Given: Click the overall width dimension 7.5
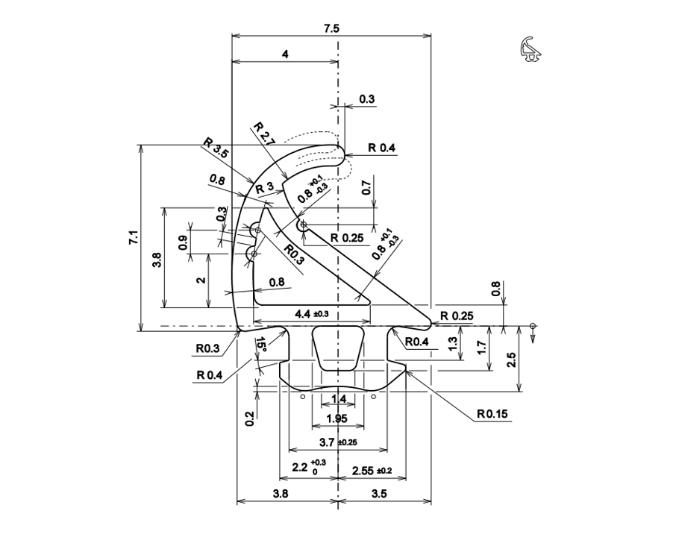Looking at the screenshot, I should coord(331,28).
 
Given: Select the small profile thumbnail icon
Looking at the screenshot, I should coord(531,48).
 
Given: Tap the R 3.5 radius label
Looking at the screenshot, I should coord(216,147).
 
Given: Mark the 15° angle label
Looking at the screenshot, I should coord(260,345).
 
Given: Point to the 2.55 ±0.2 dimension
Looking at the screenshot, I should coord(372,470).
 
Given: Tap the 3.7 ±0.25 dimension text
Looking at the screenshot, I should coord(337,442).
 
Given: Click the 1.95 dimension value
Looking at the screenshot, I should coord(337,418).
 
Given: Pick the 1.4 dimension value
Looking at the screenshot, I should coord(338,399).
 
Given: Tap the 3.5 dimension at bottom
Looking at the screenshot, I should coord(378,493).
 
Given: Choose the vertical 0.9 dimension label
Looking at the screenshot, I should coord(184,242).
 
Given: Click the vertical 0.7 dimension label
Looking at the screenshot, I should coord(366,188).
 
